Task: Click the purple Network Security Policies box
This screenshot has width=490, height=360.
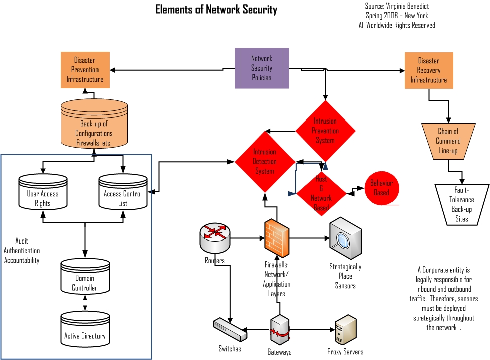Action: click(x=262, y=68)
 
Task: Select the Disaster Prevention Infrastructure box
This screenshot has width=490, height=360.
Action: click(x=84, y=70)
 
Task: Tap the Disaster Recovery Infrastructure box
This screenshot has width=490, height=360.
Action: click(x=428, y=70)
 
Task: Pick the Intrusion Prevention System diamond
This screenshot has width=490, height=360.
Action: click(x=325, y=131)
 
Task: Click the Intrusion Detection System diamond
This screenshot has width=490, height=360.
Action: click(x=265, y=161)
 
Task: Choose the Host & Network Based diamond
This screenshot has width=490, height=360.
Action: click(x=321, y=193)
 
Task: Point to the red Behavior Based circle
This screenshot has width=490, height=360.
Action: click(x=381, y=188)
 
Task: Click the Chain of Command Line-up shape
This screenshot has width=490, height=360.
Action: click(x=448, y=141)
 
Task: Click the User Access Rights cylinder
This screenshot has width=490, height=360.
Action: click(x=43, y=192)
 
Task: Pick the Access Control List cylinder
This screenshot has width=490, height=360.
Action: click(x=123, y=192)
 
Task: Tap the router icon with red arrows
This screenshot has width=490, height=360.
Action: click(x=215, y=236)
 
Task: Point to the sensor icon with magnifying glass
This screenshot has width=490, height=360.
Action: click(x=345, y=238)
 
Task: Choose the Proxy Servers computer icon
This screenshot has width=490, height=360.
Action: click(x=346, y=329)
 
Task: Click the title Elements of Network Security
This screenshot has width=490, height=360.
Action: click(x=216, y=10)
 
